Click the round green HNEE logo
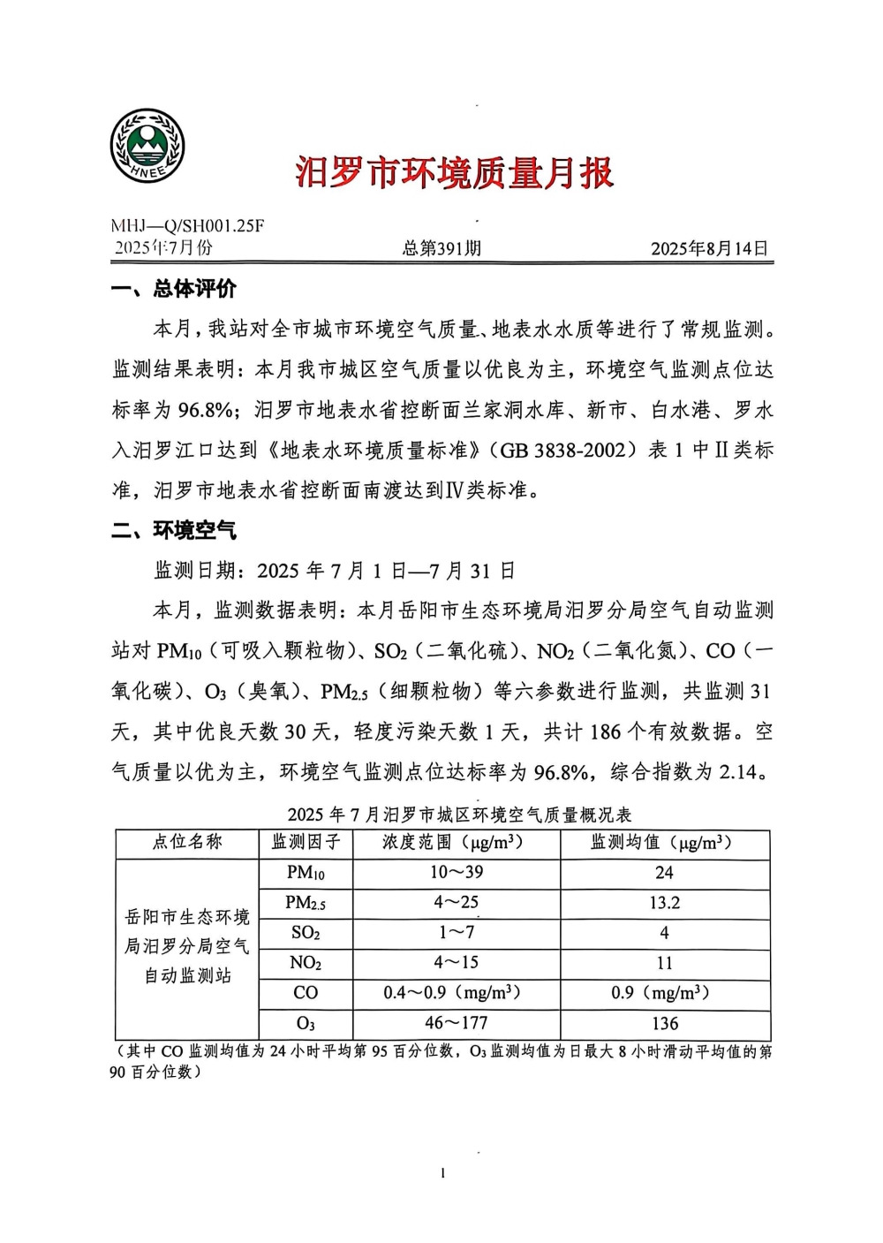[x=147, y=147]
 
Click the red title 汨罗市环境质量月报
[x=454, y=172]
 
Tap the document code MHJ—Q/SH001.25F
[x=187, y=226]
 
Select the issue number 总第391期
[x=441, y=249]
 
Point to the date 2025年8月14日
[x=709, y=249]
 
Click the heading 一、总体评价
[x=174, y=289]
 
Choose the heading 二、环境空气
[x=174, y=530]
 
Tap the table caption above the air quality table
[x=459, y=814]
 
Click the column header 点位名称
[x=187, y=843]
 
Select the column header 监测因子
[x=306, y=843]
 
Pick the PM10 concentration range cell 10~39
[x=457, y=873]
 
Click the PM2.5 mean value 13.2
[x=664, y=903]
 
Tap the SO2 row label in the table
[x=306, y=933]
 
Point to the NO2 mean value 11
[x=664, y=963]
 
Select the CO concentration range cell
[x=451, y=993]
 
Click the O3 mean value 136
[x=664, y=1024]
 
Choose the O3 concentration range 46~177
[x=457, y=1024]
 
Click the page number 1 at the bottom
[x=442, y=1173]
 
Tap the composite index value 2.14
[x=738, y=772]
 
